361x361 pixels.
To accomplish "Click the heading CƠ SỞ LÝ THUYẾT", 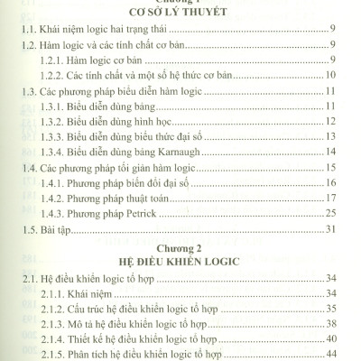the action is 180,13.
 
